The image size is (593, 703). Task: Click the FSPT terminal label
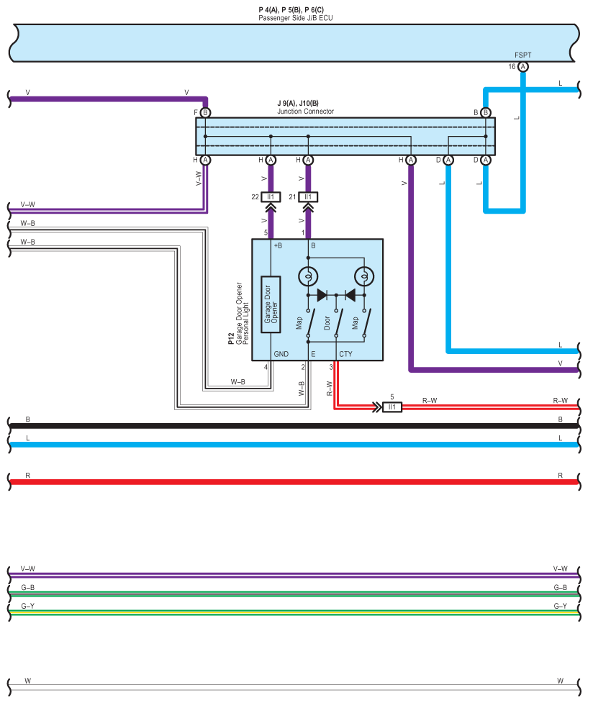pyautogui.click(x=522, y=55)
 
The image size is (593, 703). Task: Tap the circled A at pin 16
pyautogui.click(x=523, y=67)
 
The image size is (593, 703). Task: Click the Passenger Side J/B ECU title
pyautogui.click(x=296, y=18)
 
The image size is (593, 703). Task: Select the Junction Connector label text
pyautogui.click(x=305, y=112)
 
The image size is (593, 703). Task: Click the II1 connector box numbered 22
pyautogui.click(x=271, y=197)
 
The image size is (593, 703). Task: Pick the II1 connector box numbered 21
pyautogui.click(x=308, y=197)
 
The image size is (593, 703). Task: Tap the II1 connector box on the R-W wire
pyautogui.click(x=392, y=407)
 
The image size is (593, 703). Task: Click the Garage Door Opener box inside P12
pyautogui.click(x=271, y=304)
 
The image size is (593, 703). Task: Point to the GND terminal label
pyautogui.click(x=281, y=354)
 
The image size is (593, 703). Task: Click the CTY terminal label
pyautogui.click(x=345, y=354)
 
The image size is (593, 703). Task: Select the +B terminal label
pyautogui.click(x=278, y=245)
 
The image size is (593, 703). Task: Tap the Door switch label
pyautogui.click(x=327, y=323)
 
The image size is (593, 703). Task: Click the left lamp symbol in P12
pyautogui.click(x=308, y=276)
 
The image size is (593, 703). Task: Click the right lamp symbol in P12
pyautogui.click(x=364, y=276)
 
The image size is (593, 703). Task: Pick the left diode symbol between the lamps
pyautogui.click(x=322, y=295)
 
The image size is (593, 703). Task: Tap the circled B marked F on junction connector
pyautogui.click(x=205, y=112)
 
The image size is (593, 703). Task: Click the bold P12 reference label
pyautogui.click(x=231, y=338)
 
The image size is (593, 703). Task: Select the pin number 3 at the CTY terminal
pyautogui.click(x=332, y=367)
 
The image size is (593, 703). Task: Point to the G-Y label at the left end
pyautogui.click(x=28, y=606)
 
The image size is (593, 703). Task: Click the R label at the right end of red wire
pyautogui.click(x=560, y=475)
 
